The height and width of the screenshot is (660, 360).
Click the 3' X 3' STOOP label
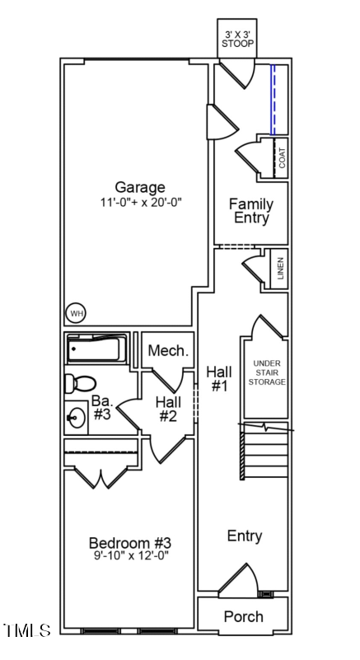point(238,39)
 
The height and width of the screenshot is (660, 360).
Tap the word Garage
point(139,187)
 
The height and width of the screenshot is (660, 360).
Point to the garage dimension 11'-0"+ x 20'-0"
point(139,202)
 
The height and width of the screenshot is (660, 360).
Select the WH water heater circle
point(77,313)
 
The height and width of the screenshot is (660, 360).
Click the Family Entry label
point(251,211)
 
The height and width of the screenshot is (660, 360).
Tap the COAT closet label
point(282,157)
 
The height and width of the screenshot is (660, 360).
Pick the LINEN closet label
point(280,269)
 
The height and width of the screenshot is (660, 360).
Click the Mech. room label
point(168,351)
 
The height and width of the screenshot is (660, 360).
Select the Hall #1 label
point(218,378)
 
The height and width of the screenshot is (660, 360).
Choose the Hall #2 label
point(168,409)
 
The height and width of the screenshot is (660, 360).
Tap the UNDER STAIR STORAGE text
point(269,372)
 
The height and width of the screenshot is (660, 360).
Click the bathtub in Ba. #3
point(97,349)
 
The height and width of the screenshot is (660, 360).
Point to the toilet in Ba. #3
point(81,383)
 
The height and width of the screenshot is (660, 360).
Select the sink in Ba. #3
point(77,417)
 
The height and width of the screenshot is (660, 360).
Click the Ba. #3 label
point(101,408)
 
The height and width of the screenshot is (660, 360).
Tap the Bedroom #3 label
point(129,543)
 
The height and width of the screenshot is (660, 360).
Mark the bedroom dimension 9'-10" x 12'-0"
point(129,556)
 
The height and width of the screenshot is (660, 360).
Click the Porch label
point(244,616)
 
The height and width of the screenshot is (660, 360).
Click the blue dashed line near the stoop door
point(273,100)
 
